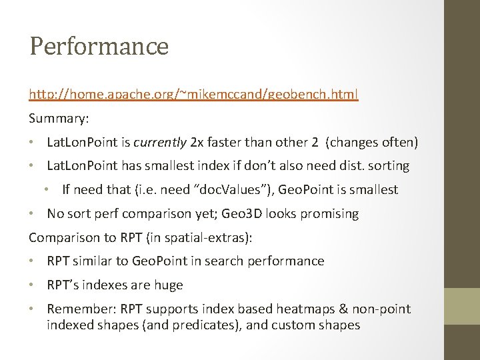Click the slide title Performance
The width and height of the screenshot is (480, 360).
click(99, 47)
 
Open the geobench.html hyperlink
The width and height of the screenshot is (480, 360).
click(193, 95)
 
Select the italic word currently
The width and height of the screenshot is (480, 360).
click(161, 142)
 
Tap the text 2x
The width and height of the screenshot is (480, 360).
click(198, 142)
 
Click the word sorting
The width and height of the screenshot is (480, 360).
click(389, 165)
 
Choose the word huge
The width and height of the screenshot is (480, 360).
click(167, 285)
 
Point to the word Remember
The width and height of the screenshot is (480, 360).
click(75, 309)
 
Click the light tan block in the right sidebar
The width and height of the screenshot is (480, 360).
click(462, 307)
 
